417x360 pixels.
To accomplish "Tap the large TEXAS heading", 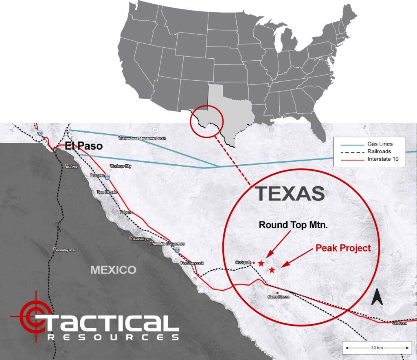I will click(290, 194).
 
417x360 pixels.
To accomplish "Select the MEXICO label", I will click(113, 269).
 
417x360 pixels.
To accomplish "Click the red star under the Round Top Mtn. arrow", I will click(261, 263).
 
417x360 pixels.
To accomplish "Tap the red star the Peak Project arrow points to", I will click(272, 270).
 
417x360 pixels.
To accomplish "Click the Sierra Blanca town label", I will click(278, 297).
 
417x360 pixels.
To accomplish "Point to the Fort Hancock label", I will click(192, 263).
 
